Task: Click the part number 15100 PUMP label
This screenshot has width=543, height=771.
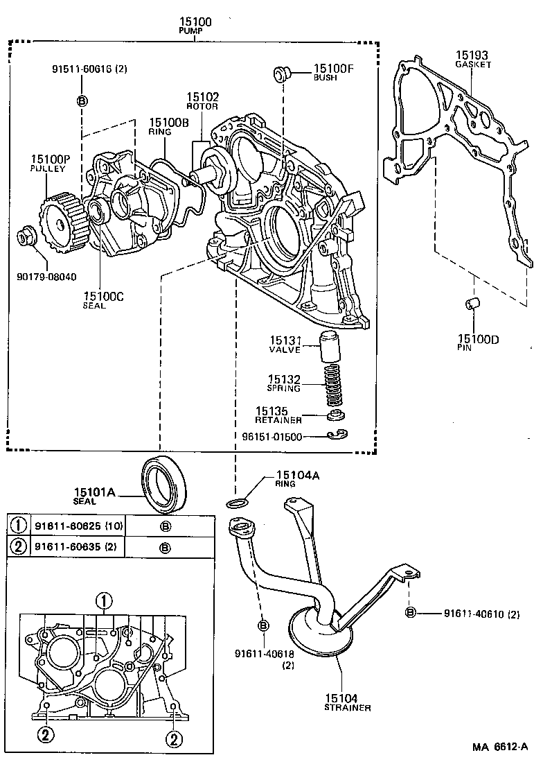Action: click(x=195, y=26)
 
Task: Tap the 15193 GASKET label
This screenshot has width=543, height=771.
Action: click(x=473, y=58)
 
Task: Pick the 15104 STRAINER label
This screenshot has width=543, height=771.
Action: click(x=346, y=702)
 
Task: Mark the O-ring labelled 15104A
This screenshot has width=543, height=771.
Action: click(x=236, y=503)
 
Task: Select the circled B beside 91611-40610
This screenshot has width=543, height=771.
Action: click(x=410, y=612)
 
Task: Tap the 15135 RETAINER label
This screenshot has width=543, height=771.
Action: click(x=278, y=415)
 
